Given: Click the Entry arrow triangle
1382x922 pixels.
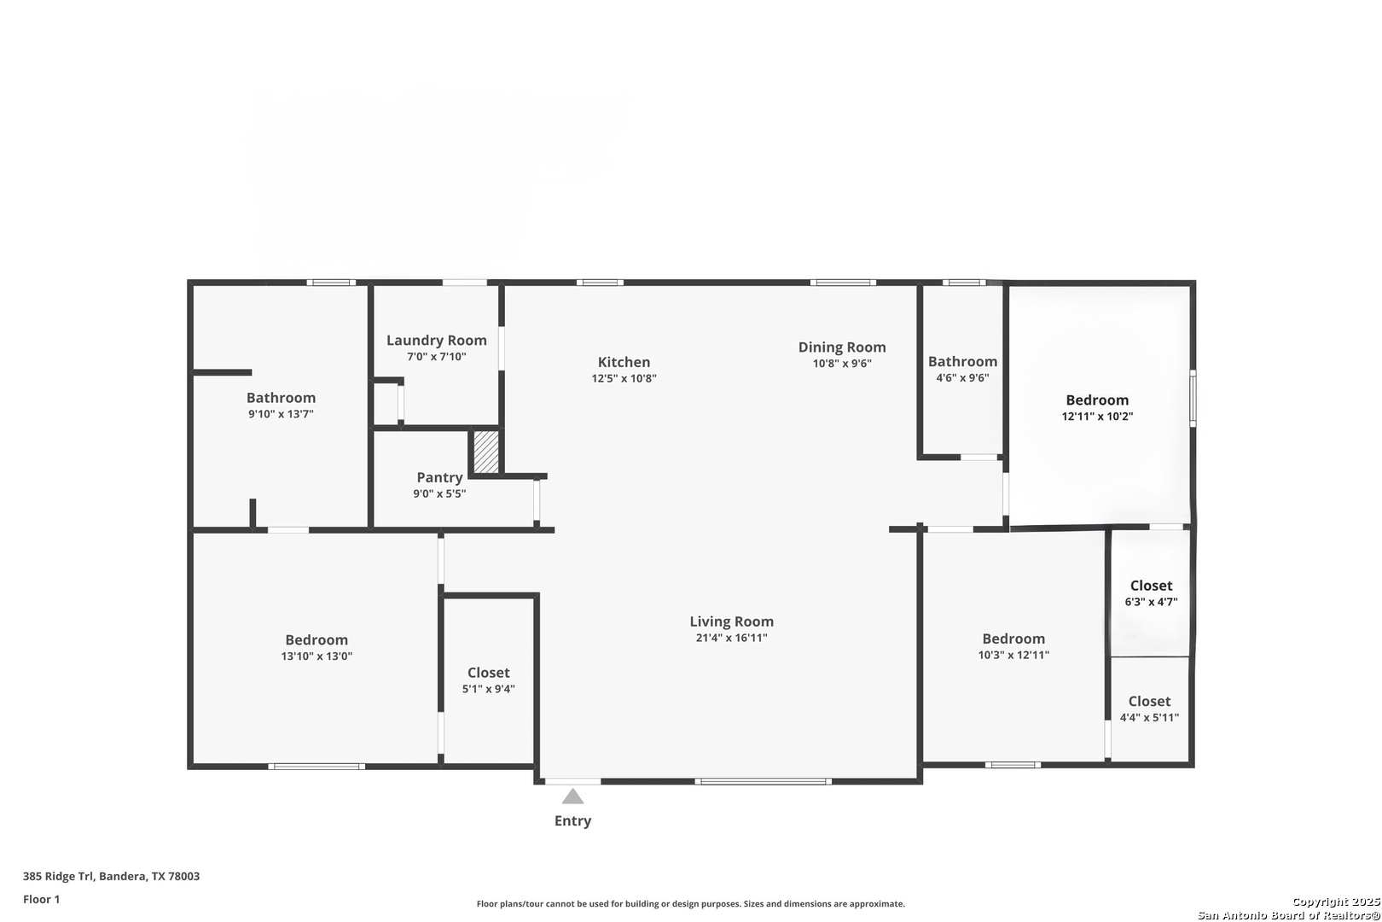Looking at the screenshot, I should (x=572, y=797).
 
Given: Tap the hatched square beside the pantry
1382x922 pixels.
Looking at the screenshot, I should (x=486, y=452).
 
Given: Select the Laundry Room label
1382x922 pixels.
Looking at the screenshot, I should (x=436, y=340).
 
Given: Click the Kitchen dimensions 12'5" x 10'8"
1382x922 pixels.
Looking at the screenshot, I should (x=624, y=378).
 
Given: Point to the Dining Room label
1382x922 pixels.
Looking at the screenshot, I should (x=841, y=347).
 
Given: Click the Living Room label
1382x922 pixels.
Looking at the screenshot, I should (x=731, y=621).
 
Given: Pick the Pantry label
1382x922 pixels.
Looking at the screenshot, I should (x=439, y=477).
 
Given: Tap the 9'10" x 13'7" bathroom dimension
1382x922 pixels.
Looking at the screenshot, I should (x=281, y=414).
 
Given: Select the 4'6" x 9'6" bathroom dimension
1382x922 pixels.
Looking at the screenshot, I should (x=962, y=377).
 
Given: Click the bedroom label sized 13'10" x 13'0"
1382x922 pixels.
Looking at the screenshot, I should (x=316, y=639).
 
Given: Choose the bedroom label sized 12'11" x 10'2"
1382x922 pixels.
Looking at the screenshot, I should (x=1097, y=400).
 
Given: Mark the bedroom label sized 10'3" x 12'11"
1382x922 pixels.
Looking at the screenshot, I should (x=1013, y=639).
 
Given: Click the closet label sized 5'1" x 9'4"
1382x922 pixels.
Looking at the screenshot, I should (x=488, y=673).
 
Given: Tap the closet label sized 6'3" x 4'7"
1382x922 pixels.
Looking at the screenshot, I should (x=1151, y=586).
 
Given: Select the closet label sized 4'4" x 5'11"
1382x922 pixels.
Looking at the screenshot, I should (x=1149, y=701).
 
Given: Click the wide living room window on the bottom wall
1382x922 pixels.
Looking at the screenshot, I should (x=763, y=781).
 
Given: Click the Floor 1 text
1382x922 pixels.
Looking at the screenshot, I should (x=41, y=899).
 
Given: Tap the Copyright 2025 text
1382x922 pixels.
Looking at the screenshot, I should (x=1335, y=902).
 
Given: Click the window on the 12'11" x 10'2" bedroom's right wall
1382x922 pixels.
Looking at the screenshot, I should (x=1193, y=398).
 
